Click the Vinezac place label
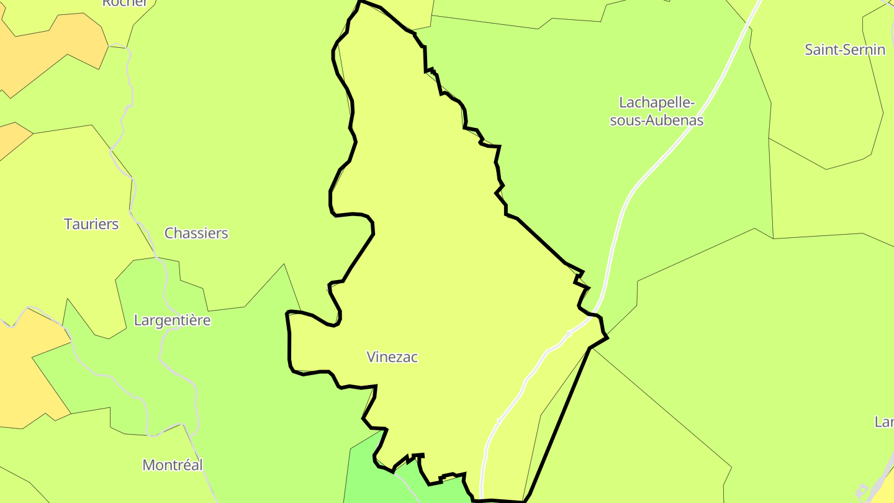[392, 357]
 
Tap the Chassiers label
[196, 233]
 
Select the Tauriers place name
[91, 224]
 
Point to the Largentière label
[172, 320]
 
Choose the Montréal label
[173, 464]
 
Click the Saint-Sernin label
[844, 50]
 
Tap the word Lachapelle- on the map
[657, 102]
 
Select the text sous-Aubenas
[657, 120]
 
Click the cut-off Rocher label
[125, 3]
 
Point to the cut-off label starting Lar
[884, 422]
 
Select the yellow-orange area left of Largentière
[25, 373]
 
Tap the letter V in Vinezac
[371, 357]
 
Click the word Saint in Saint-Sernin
[823, 50]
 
